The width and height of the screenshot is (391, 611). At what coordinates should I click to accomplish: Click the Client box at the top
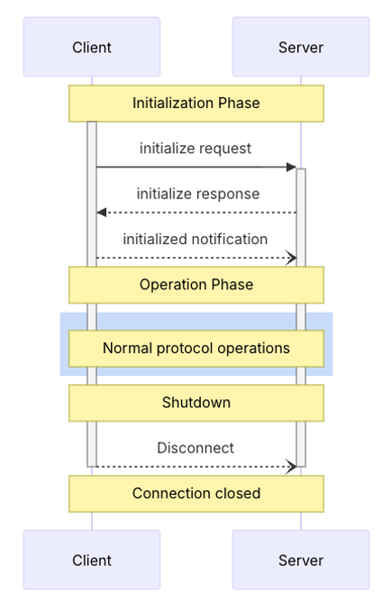[92, 47]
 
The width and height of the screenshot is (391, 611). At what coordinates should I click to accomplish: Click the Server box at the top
[301, 47]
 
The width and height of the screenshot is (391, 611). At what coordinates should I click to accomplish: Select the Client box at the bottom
[92, 560]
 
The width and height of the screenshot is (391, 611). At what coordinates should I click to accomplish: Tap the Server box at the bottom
[301, 560]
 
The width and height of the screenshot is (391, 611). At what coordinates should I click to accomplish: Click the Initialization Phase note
[196, 104]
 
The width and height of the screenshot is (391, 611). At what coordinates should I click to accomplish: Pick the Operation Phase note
[196, 285]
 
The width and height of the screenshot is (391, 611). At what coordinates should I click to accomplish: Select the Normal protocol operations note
[196, 348]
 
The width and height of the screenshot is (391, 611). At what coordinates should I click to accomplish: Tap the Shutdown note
[196, 403]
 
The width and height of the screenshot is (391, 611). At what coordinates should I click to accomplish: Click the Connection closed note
[196, 494]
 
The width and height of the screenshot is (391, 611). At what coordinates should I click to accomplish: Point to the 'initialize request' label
[195, 149]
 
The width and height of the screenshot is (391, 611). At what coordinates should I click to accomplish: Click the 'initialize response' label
[198, 194]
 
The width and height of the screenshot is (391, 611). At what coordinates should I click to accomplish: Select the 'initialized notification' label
[195, 240]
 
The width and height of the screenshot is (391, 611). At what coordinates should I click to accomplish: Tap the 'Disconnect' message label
[195, 448]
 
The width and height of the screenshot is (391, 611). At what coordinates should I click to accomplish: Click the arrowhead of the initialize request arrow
[292, 167]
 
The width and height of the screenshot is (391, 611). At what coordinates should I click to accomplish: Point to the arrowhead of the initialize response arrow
[101, 213]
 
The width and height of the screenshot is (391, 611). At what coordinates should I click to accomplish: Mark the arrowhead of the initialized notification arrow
[292, 258]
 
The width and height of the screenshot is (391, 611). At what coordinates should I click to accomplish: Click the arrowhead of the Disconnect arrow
[292, 467]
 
